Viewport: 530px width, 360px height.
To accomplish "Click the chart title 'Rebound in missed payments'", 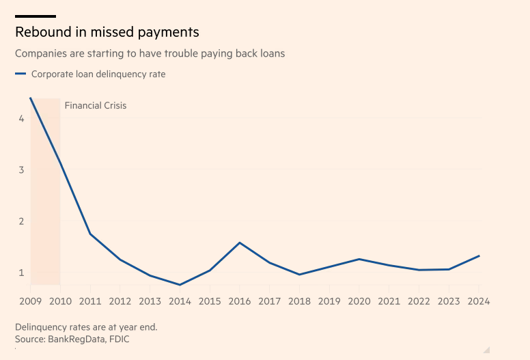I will pyautogui.click(x=107, y=32).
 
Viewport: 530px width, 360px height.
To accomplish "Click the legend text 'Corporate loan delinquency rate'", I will pyautogui.click(x=98, y=74).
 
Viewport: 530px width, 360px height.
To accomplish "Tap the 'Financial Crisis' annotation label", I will pyautogui.click(x=96, y=105).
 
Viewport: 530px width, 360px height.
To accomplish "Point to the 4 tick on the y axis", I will pyautogui.click(x=22, y=118).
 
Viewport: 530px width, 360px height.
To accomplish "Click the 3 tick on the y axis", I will pyautogui.click(x=22, y=169).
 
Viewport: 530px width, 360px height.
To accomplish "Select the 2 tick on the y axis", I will pyautogui.click(x=22, y=221).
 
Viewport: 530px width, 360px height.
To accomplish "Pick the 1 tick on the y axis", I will pyautogui.click(x=22, y=272).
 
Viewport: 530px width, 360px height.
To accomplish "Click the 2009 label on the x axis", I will pyautogui.click(x=30, y=301).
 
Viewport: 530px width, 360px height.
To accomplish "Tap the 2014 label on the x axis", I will pyautogui.click(x=180, y=301).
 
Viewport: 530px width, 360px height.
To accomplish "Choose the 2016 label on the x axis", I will pyautogui.click(x=240, y=301).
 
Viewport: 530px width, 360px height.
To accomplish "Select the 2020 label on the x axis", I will pyautogui.click(x=359, y=301).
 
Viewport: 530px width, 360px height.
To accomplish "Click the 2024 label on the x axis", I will pyautogui.click(x=479, y=301).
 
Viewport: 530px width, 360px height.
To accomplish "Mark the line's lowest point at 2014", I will pyautogui.click(x=180, y=285).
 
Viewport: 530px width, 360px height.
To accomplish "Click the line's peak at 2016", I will pyautogui.click(x=240, y=243).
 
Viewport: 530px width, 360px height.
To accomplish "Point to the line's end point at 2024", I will pyautogui.click(x=479, y=255).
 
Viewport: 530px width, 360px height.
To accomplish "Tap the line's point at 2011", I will pyautogui.click(x=90, y=234).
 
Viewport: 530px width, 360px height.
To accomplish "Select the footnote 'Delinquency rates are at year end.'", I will pyautogui.click(x=86, y=327).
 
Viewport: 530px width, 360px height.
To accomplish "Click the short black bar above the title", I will pyautogui.click(x=36, y=16).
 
